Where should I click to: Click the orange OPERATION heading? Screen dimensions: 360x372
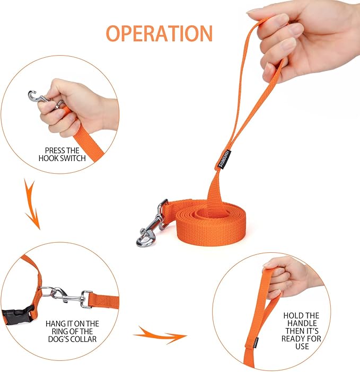click(159, 33)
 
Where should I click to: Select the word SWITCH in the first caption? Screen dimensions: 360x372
click(73, 158)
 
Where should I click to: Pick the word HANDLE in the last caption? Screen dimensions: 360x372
click(302, 323)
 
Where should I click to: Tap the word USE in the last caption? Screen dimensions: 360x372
click(302, 346)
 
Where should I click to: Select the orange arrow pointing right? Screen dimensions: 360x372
click(161, 335)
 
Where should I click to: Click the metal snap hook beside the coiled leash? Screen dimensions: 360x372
click(152, 224)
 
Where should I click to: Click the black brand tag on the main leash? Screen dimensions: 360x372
click(224, 159)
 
